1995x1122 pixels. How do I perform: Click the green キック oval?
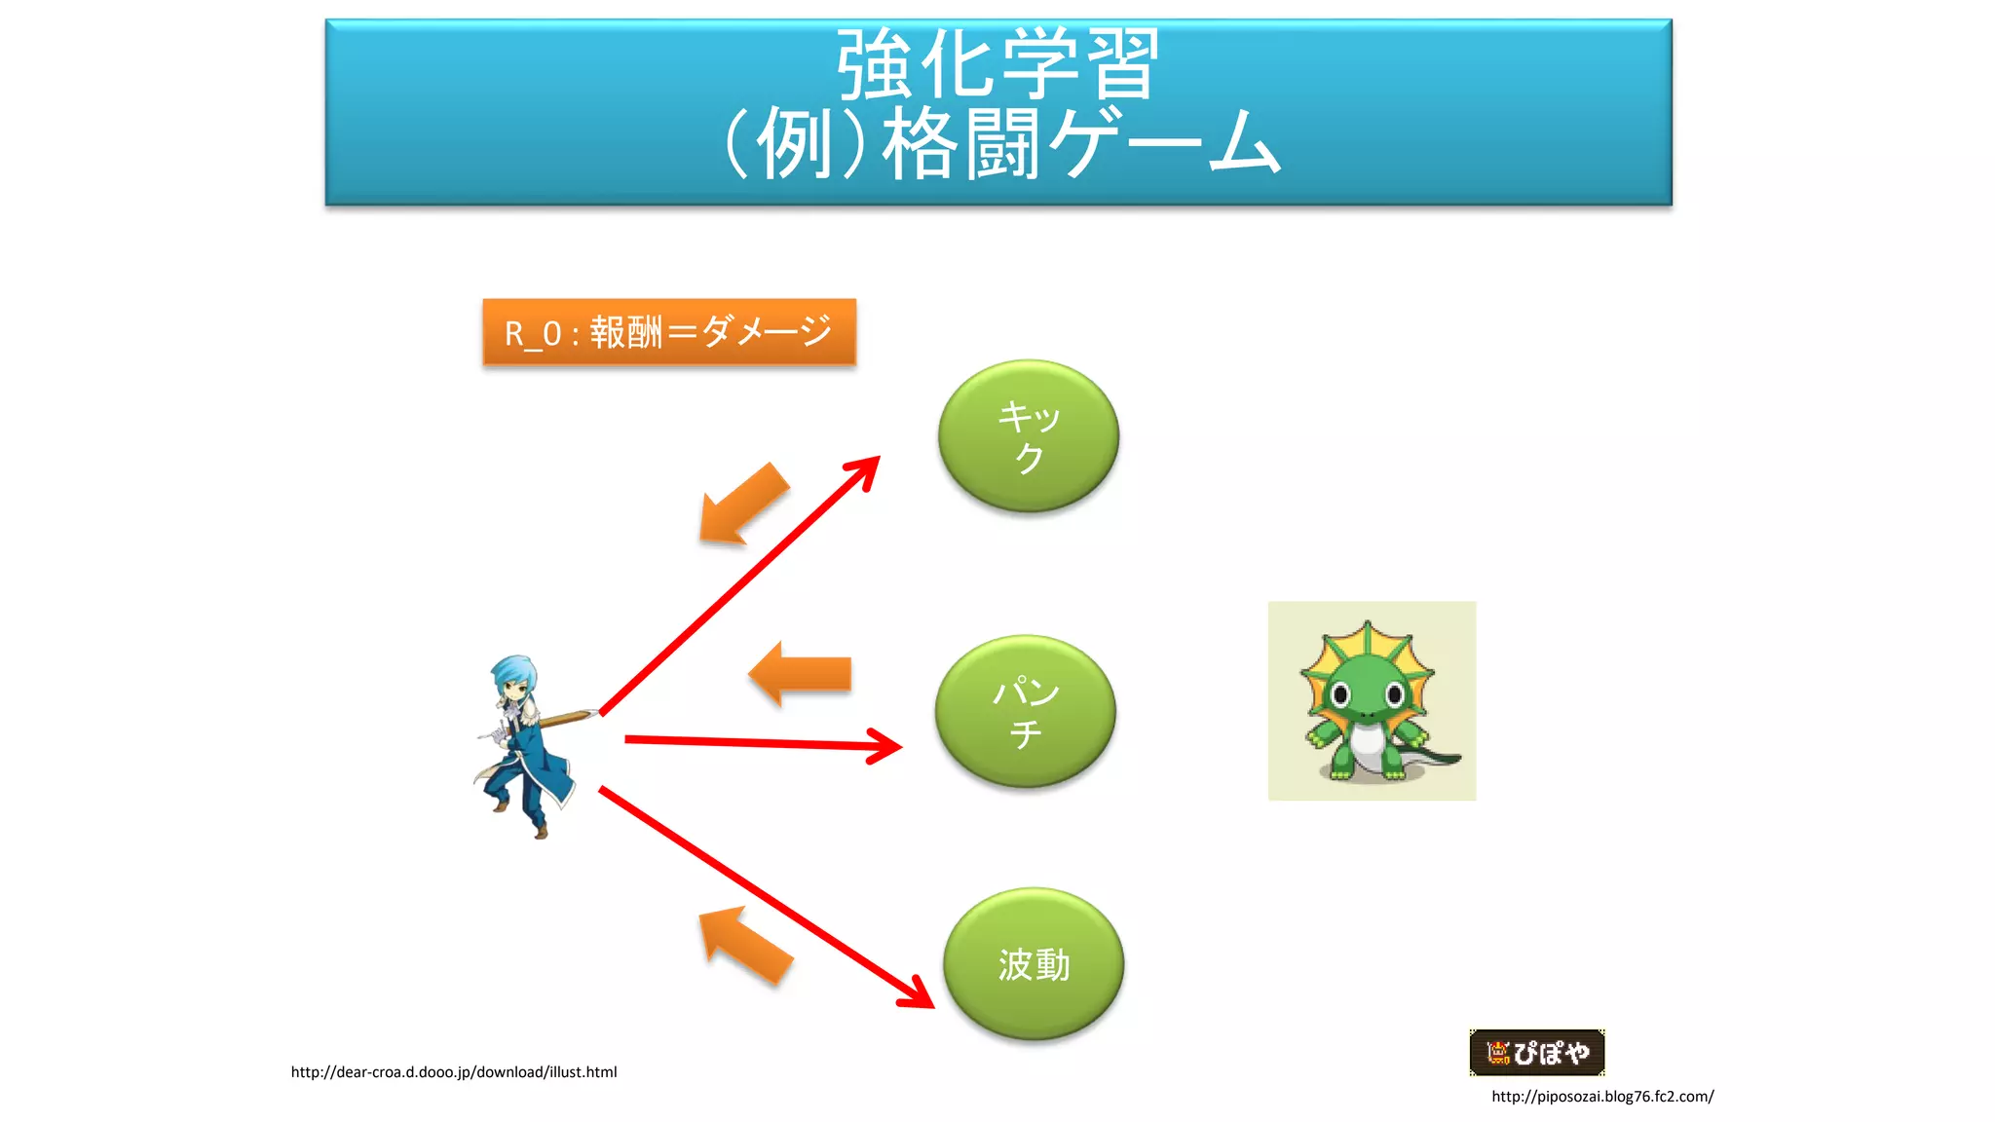pyautogui.click(x=1028, y=435)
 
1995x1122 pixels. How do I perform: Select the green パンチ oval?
pyautogui.click(x=1025, y=711)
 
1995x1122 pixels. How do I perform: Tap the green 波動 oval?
pyautogui.click(x=1033, y=963)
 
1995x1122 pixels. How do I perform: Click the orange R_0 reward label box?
pyautogui.click(x=669, y=332)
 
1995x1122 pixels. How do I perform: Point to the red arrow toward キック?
pyautogui.click(x=740, y=585)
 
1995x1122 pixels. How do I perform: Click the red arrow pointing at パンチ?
pyautogui.click(x=760, y=743)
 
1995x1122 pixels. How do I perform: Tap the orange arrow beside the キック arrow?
pyautogui.click(x=742, y=505)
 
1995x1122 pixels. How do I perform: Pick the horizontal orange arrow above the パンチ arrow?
pyautogui.click(x=801, y=673)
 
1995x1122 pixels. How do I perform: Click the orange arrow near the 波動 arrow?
pyautogui.click(x=745, y=945)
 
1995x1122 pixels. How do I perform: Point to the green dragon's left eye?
pyautogui.click(x=1340, y=694)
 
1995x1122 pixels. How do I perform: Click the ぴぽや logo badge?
pyautogui.click(x=1536, y=1052)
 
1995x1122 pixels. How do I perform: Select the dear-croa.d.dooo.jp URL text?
pyautogui.click(x=454, y=1072)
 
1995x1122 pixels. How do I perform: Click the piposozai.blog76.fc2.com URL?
pyautogui.click(x=1602, y=1097)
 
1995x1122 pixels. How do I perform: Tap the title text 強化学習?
pyautogui.click(x=997, y=64)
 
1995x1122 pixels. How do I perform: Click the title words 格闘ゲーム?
pyautogui.click(x=1081, y=144)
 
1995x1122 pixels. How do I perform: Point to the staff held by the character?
pyautogui.click(x=565, y=720)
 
